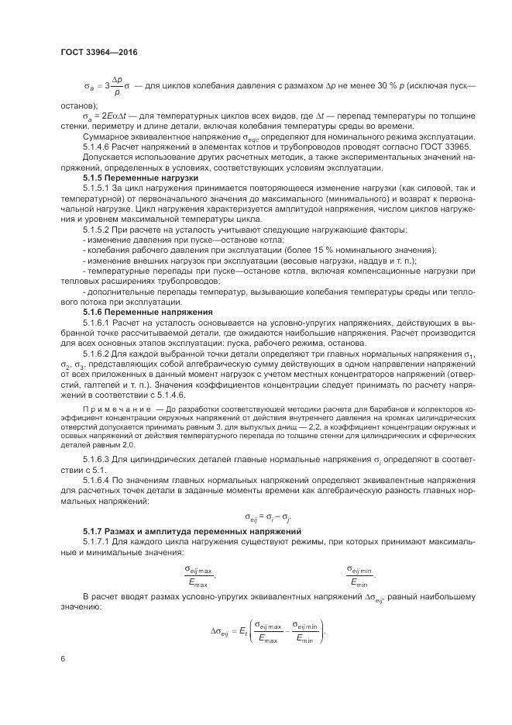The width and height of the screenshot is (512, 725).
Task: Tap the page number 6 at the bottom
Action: (63, 658)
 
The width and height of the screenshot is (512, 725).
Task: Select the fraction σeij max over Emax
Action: (200, 575)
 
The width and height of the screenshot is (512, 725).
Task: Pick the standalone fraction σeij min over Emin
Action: (360, 575)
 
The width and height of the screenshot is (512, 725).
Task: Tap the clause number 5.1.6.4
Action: (98, 481)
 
